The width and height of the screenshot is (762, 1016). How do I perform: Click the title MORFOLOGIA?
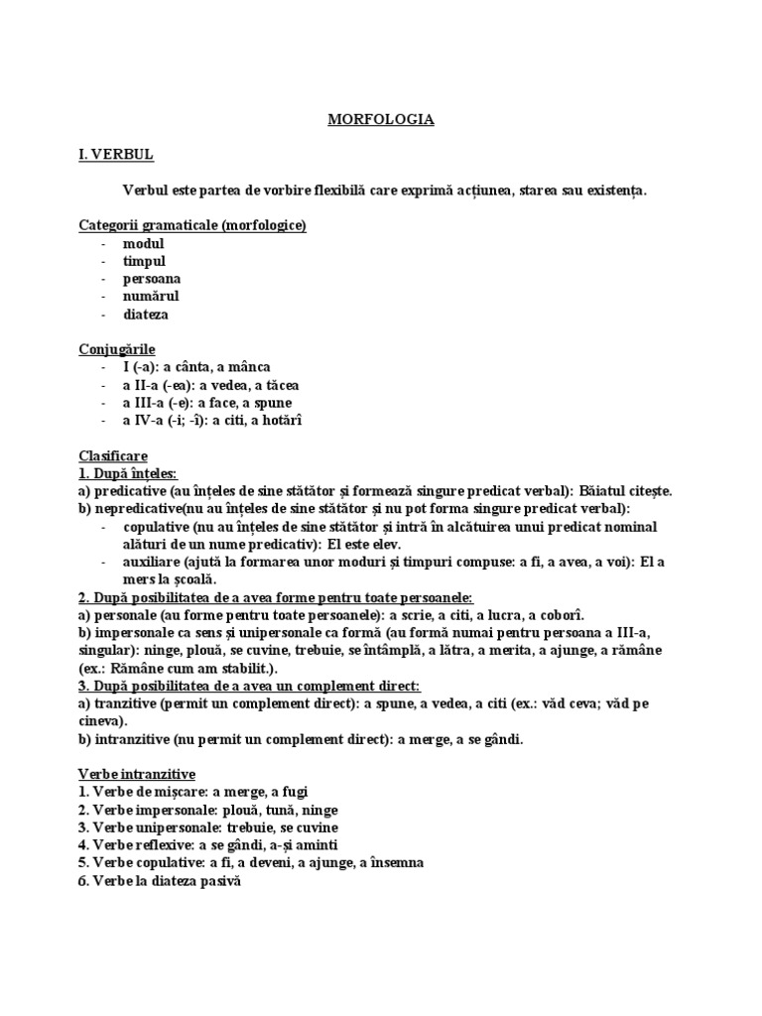pos(381,120)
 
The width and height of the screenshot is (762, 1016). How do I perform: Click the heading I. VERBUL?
pos(116,156)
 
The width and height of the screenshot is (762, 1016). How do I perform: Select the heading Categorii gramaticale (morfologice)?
pos(192,225)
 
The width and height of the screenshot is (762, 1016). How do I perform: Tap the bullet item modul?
pos(144,243)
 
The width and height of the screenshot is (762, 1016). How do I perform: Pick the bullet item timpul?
pos(145,261)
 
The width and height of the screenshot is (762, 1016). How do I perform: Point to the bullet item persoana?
pos(152,279)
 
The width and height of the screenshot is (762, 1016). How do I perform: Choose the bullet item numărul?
pos(151,297)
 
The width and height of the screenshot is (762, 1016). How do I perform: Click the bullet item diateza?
pos(146,315)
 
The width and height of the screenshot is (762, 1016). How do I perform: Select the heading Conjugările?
pos(117,349)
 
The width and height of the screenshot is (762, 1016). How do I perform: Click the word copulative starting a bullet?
pos(157,527)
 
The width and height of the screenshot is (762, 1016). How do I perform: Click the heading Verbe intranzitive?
pos(137,774)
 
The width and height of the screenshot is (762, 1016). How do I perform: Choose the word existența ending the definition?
pos(614,190)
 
